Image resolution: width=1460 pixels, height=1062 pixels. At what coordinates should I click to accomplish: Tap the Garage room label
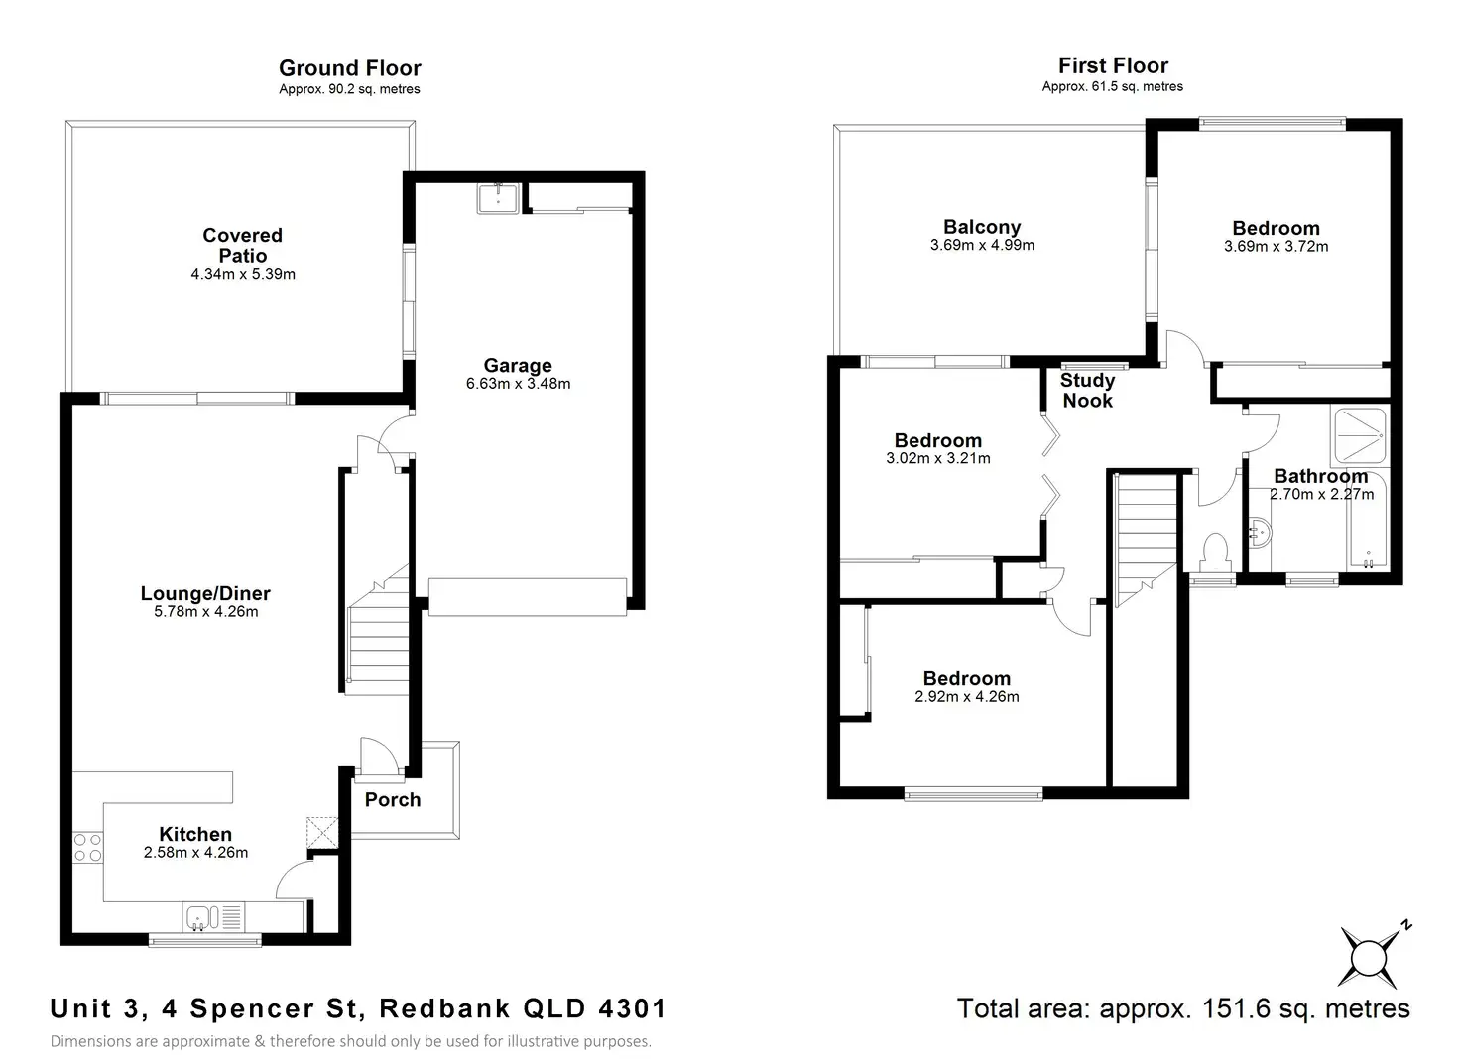click(x=518, y=366)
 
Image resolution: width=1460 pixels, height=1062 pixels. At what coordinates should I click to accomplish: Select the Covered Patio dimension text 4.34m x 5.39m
click(x=243, y=274)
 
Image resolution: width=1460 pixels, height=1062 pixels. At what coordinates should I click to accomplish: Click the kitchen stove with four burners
click(x=87, y=848)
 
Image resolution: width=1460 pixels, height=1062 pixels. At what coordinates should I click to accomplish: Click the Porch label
click(x=393, y=800)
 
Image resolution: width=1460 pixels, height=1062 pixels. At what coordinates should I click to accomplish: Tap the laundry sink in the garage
click(x=496, y=198)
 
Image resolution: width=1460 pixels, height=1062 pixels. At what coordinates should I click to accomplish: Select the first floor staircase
click(x=1145, y=535)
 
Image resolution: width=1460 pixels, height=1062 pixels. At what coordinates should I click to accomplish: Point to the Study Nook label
click(x=1087, y=391)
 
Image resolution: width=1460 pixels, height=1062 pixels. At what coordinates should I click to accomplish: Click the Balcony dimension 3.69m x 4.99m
click(x=982, y=246)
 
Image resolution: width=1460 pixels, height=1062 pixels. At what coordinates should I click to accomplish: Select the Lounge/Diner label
click(x=205, y=593)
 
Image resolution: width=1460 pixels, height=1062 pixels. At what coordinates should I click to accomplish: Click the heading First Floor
click(x=1113, y=65)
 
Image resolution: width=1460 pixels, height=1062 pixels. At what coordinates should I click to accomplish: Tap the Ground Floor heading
click(x=349, y=68)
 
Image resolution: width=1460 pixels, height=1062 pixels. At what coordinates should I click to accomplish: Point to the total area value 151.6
click(x=1238, y=1009)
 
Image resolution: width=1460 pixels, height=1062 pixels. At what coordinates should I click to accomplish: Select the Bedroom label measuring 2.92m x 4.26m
click(x=966, y=679)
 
